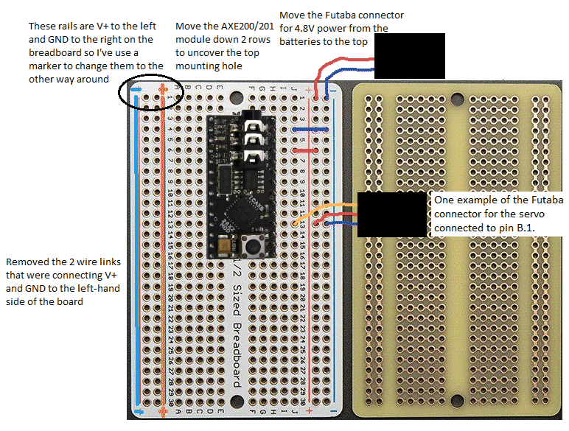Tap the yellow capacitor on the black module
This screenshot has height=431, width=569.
[x=223, y=240]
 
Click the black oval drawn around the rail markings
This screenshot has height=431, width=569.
[x=150, y=93]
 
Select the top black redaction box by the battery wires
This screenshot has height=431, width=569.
[x=410, y=55]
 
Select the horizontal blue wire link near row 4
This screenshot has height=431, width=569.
[x=304, y=130]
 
